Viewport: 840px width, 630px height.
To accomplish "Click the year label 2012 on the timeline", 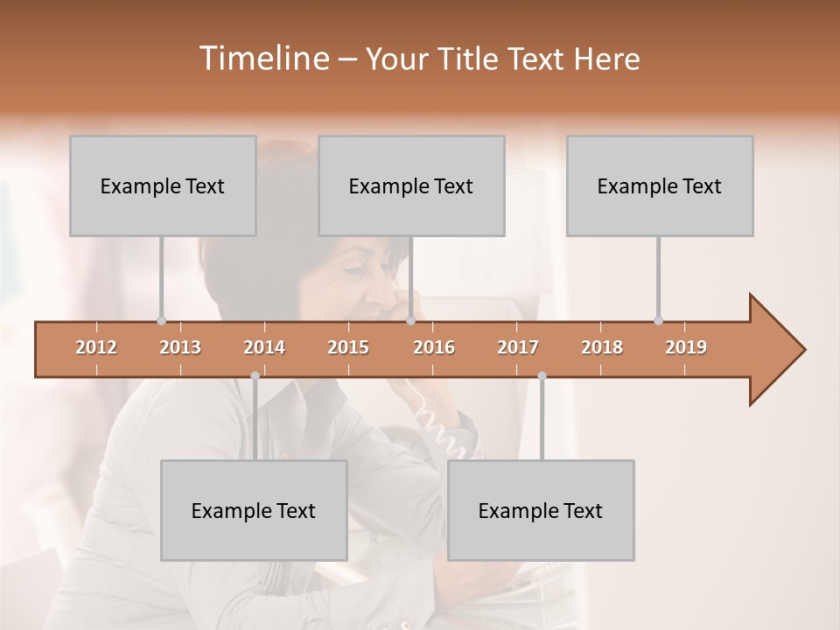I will (96, 347).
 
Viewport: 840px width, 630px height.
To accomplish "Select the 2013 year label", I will (180, 347).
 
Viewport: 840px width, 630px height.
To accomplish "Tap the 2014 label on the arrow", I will (264, 347).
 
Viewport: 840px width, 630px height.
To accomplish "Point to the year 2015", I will (348, 347).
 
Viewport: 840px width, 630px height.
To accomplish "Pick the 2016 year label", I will (434, 347).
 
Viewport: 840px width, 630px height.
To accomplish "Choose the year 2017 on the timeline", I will (518, 347).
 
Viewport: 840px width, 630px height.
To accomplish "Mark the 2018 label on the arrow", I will (602, 347).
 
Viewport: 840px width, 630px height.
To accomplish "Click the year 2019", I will (686, 347).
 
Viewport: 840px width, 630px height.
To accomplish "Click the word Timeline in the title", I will (262, 59).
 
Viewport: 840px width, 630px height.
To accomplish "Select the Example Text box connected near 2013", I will (163, 185).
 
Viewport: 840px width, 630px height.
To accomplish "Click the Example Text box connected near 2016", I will (411, 185).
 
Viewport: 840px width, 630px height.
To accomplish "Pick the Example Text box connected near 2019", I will (660, 185).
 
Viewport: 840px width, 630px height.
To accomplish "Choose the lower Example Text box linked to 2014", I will (254, 510).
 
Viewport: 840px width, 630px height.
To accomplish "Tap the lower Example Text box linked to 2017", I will (541, 510).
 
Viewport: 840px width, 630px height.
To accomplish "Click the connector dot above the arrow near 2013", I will (161, 320).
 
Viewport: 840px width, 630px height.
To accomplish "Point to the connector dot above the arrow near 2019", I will (658, 320).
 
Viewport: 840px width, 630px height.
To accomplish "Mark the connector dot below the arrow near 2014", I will (255, 376).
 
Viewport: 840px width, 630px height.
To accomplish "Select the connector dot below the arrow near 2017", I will (542, 376).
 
